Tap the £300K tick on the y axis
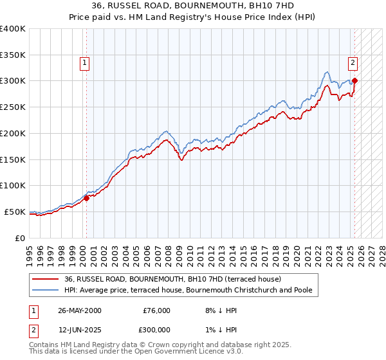coord(14,81)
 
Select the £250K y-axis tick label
coord(14,107)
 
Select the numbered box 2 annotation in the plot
coord(353,63)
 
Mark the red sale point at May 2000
coord(87,198)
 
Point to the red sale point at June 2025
coord(354,80)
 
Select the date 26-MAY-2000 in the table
coord(80,310)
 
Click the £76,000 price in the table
coord(156,310)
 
